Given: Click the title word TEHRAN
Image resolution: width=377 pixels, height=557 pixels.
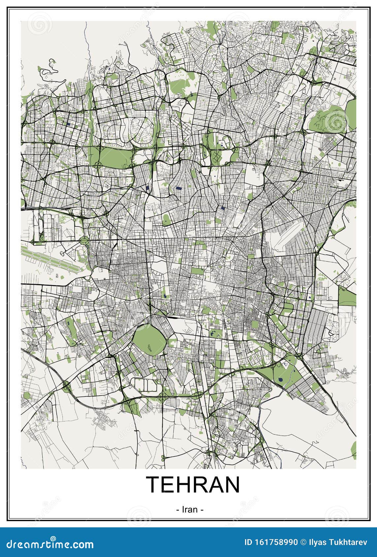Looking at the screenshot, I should click(193, 484).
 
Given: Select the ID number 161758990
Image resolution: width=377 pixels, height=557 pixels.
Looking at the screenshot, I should click(274, 542).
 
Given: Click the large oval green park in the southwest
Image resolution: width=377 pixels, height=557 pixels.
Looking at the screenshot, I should click(149, 340).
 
